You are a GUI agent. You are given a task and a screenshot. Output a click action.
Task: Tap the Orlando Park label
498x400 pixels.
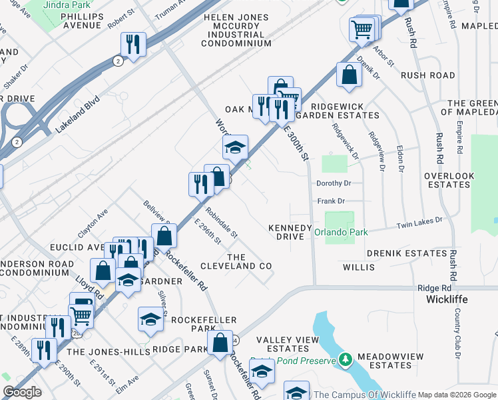[341, 233]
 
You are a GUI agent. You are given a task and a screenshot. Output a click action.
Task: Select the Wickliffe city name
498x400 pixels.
[446, 299]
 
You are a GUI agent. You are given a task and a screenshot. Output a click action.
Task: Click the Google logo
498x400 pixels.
[22, 392]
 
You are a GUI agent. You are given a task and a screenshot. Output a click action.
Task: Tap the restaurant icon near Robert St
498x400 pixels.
[133, 45]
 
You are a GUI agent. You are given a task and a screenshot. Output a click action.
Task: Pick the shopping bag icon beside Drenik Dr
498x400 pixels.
[349, 76]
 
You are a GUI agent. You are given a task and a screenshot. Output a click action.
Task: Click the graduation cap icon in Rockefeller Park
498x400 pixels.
[151, 319]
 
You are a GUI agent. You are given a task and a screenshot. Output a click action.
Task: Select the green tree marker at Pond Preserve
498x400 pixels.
[345, 359]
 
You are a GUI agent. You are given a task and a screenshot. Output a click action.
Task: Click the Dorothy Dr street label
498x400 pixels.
[333, 183]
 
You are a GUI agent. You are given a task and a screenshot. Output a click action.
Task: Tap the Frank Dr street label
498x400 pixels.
[331, 200]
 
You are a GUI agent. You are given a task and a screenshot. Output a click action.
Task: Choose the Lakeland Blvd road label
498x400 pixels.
[78, 113]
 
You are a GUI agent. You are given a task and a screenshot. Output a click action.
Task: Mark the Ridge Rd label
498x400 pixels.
[430, 287]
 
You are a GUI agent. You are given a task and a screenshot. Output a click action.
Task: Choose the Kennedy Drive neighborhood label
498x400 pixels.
[290, 232]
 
